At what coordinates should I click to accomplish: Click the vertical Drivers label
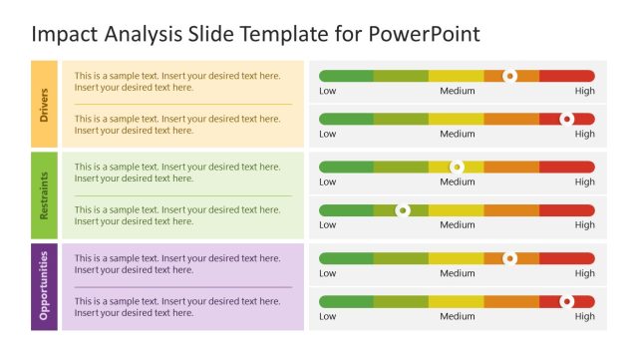click(x=44, y=104)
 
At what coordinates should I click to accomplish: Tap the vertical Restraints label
click(x=44, y=194)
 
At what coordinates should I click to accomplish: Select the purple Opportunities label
click(x=44, y=286)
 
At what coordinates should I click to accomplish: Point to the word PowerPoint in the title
click(x=426, y=34)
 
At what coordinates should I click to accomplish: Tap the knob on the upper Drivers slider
click(x=510, y=76)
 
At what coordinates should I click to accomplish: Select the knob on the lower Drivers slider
click(x=567, y=119)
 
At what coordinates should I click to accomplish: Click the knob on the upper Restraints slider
click(x=457, y=167)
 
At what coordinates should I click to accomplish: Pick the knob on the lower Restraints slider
click(x=403, y=210)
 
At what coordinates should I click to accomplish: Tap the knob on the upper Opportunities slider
click(x=510, y=258)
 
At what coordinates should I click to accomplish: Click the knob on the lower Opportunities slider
click(x=567, y=301)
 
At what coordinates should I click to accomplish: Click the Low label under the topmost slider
click(x=328, y=91)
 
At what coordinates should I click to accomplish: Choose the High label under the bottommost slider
click(x=585, y=316)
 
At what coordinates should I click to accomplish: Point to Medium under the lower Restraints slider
click(x=458, y=225)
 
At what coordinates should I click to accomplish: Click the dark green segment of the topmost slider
click(x=346, y=76)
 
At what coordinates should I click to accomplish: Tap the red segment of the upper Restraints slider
click(x=566, y=167)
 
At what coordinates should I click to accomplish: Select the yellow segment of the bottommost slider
click(x=456, y=301)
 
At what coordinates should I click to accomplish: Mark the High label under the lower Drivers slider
click(x=585, y=134)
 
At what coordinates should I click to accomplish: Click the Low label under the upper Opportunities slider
click(x=328, y=273)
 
